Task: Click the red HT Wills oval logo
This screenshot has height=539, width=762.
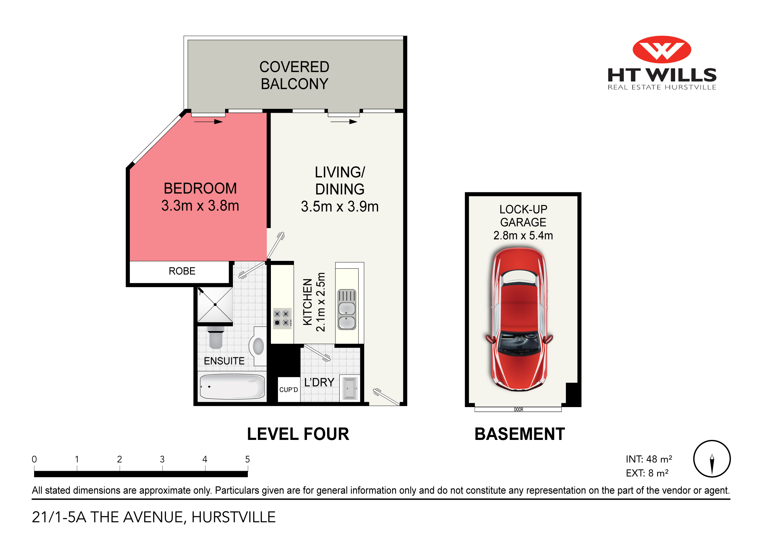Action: [661, 49]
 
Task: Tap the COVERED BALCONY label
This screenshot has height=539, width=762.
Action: [294, 75]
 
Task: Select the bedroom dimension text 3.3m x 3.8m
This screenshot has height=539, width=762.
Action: [200, 206]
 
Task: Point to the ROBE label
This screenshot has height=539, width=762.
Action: [182, 271]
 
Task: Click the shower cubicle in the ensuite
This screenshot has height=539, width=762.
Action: [215, 305]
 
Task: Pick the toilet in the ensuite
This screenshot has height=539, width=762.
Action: [216, 338]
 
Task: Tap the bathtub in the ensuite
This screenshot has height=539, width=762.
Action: [232, 387]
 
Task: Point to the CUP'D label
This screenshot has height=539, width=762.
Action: [288, 390]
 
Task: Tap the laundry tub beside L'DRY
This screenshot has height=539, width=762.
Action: [350, 388]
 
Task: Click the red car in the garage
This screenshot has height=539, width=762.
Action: [519, 319]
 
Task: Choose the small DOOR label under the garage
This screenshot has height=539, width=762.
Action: [518, 410]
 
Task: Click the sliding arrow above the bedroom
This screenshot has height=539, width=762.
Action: [208, 122]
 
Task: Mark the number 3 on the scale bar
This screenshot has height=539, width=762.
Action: [162, 459]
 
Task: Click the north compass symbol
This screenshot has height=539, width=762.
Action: [712, 459]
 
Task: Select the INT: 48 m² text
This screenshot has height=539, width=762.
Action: [649, 459]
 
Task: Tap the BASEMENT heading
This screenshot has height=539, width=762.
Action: [519, 434]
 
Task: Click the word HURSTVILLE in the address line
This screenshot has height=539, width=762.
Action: [233, 517]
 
